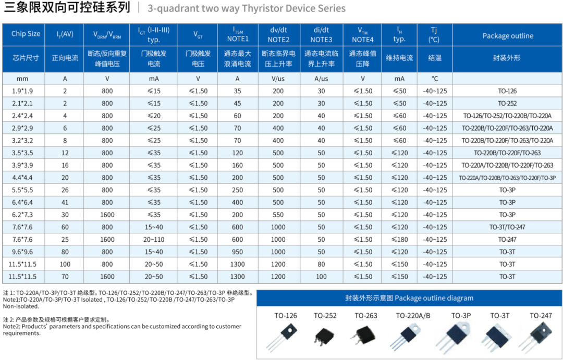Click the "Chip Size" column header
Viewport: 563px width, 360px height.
pos(26,34)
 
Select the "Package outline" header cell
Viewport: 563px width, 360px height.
pos(507,36)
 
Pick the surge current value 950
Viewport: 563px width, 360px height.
pos(237,252)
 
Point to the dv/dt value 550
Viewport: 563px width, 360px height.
pos(278,215)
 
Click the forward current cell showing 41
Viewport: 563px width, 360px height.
pos(65,203)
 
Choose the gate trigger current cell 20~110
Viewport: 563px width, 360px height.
pos(154,240)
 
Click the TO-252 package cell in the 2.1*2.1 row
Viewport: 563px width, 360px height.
pos(507,104)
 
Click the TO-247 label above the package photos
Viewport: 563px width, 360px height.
pos(541,316)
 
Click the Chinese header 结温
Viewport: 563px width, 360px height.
pos(435,58)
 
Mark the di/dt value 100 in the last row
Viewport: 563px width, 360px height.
pos(321,277)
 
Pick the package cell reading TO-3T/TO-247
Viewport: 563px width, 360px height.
pos(507,227)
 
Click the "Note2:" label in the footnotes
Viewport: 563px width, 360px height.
pos(13,327)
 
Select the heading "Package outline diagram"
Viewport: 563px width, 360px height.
pos(434,299)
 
